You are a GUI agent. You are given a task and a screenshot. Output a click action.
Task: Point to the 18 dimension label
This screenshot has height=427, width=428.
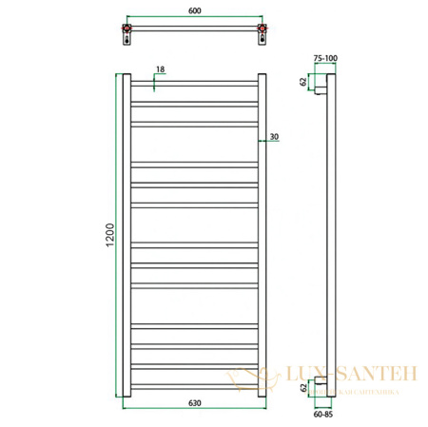point(160,70)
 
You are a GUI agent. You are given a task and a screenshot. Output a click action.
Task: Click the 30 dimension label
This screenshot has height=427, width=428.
point(273,137)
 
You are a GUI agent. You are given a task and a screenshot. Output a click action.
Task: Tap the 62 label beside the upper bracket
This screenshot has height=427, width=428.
point(304,83)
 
